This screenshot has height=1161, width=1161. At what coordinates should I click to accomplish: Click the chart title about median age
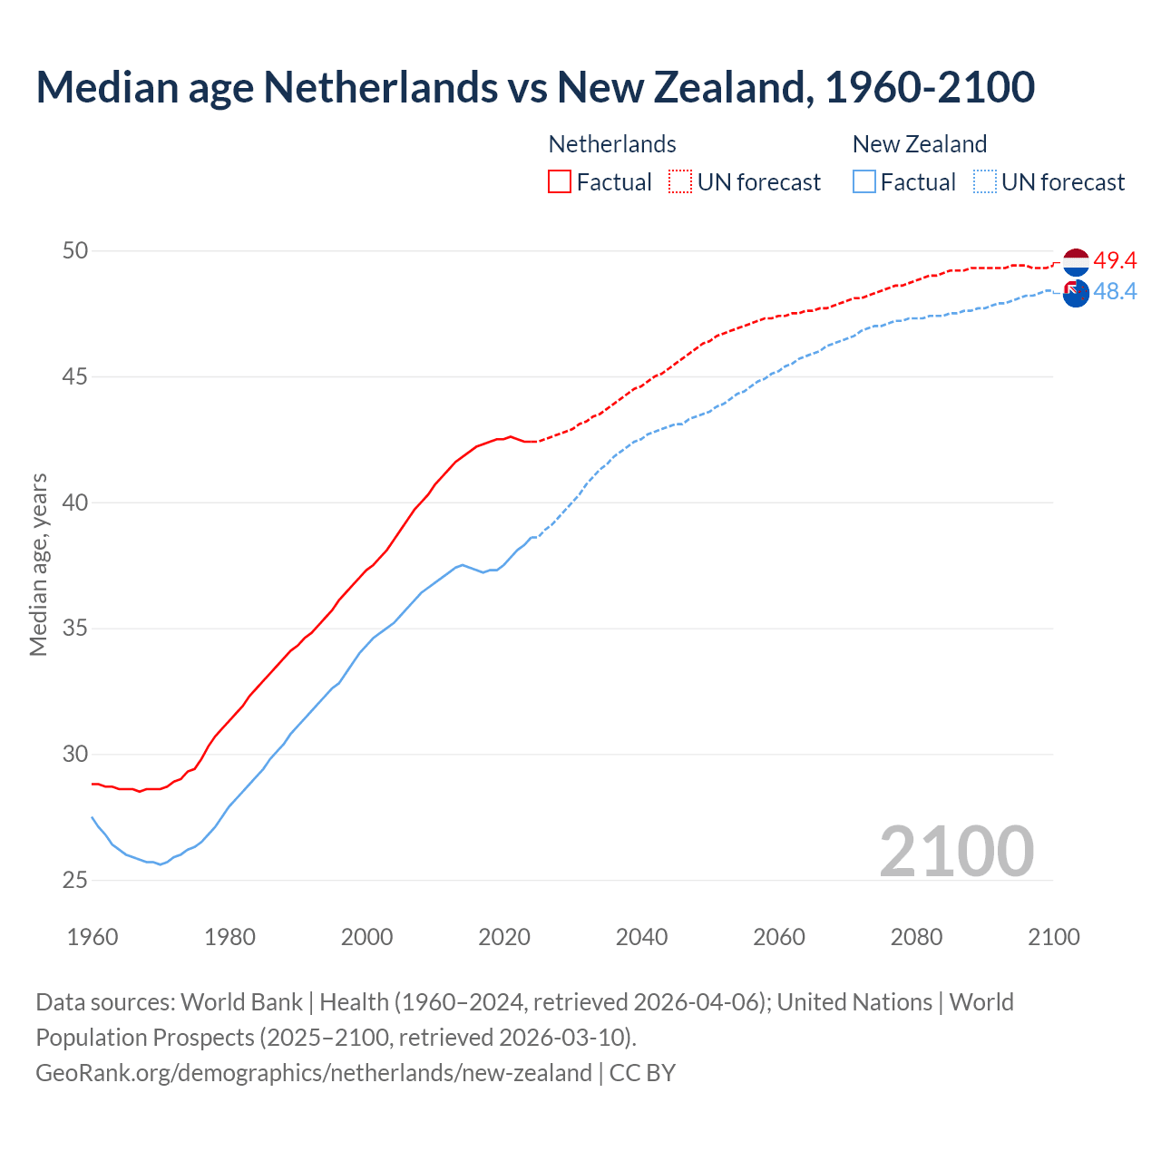[x=535, y=87]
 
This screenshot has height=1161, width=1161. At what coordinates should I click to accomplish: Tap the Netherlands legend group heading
[x=612, y=144]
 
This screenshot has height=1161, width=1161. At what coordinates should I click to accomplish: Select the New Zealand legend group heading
[x=919, y=144]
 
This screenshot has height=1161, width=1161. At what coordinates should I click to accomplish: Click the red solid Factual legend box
[x=560, y=181]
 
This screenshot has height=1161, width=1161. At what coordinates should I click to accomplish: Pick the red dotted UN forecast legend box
[x=680, y=181]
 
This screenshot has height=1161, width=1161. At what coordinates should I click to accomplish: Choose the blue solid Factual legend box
[x=864, y=181]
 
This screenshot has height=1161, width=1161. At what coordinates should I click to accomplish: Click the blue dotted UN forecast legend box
[x=985, y=181]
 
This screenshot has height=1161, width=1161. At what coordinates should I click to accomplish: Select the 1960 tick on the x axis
[x=93, y=937]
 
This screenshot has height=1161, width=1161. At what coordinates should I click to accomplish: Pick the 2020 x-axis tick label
[x=504, y=937]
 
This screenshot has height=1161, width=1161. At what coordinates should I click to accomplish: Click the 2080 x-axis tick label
[x=916, y=937]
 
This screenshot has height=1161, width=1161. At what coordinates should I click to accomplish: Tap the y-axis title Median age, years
[x=38, y=564]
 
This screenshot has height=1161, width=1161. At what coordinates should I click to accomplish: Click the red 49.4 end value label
[x=1115, y=261]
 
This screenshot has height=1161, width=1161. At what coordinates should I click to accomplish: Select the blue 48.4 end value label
[x=1115, y=292]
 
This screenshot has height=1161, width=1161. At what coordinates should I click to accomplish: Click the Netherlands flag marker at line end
[x=1076, y=261]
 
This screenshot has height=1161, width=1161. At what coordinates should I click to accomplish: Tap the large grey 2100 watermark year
[x=956, y=851]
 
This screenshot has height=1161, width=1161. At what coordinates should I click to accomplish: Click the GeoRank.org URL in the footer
[x=313, y=1073]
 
